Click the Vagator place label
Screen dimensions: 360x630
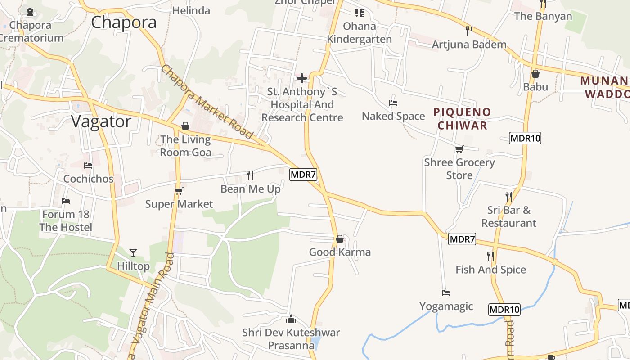point(101,121)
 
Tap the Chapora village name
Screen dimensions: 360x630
point(124,22)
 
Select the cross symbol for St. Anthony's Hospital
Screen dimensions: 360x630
point(302,78)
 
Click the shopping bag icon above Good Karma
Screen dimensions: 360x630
point(340,239)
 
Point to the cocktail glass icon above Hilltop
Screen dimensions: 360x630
point(133,252)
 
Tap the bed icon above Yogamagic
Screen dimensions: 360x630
point(446,293)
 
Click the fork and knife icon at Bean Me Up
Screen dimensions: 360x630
point(250,175)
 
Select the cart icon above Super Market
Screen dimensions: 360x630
point(179,191)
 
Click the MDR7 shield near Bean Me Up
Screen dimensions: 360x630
point(303,175)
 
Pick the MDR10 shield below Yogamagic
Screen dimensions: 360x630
point(504,310)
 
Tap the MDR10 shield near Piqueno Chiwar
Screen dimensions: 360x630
point(525,138)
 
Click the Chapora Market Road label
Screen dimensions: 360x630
point(207,102)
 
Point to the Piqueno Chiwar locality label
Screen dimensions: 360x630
point(463,119)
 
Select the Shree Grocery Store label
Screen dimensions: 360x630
point(459,169)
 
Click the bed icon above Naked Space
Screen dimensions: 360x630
point(393,103)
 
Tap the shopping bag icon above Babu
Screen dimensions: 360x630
point(535,74)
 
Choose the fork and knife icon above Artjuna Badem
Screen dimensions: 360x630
point(469,31)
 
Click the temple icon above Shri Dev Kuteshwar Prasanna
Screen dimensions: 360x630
point(291,319)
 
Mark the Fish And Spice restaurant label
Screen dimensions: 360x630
point(490,270)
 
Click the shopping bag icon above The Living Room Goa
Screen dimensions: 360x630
point(185,126)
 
